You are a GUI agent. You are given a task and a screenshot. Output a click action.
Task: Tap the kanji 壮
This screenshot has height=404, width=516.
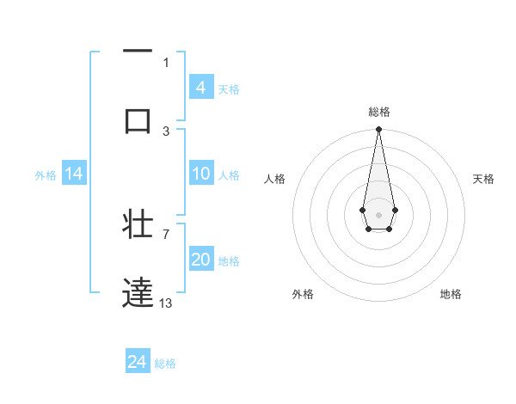(138, 224)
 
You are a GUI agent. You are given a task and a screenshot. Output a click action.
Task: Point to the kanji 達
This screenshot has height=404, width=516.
(138, 292)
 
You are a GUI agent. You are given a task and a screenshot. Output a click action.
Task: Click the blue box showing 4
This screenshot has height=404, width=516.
(201, 87)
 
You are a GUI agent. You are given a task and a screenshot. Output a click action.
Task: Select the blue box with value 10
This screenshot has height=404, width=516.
(201, 174)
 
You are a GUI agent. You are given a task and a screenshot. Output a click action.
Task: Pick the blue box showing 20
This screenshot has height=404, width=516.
(201, 260)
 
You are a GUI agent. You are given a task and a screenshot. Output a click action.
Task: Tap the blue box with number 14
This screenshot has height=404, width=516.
(74, 174)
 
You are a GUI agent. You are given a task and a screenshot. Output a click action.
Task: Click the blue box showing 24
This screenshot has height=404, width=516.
(138, 362)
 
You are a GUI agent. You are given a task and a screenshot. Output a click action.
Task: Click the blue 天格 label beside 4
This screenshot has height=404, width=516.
(229, 89)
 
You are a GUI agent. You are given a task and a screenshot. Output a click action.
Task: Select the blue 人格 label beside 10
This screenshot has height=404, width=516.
(229, 174)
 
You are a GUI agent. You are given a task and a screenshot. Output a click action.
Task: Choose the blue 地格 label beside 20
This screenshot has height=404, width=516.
(229, 260)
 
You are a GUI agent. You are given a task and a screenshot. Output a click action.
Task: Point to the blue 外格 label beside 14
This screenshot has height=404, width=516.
(46, 174)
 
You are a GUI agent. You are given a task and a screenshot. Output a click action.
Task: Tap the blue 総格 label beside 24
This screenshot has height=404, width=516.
(165, 364)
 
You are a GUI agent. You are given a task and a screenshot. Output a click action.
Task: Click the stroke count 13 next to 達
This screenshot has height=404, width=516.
(166, 303)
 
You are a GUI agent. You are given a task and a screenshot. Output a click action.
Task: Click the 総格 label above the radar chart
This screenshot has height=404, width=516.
(379, 112)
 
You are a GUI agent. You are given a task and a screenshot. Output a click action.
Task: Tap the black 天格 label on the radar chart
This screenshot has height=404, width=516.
(484, 179)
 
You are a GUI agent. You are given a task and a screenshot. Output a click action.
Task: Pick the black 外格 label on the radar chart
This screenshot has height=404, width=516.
(303, 294)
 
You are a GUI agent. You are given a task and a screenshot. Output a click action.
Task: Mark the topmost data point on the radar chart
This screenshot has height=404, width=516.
(378, 130)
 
